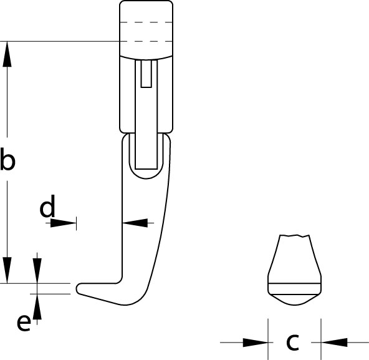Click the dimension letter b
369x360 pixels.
pyautogui.click(x=7, y=158)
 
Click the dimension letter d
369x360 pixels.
pyautogui.click(x=47, y=206)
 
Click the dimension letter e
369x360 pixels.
pyautogui.click(x=24, y=323)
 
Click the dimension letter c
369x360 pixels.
pyautogui.click(x=292, y=342)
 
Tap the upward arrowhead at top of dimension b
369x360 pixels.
pyautogui.click(x=7, y=54)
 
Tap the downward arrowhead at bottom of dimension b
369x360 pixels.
pyautogui.click(x=7, y=270)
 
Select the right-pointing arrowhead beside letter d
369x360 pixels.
pyautogui.click(x=63, y=223)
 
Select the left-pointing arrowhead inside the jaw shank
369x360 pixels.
pyautogui.click(x=135, y=223)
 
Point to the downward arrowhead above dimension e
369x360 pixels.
pyautogui.click(x=37, y=271)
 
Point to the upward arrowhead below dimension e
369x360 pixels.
pyautogui.click(x=37, y=307)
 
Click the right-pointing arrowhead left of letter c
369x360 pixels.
pyautogui.click(x=256, y=343)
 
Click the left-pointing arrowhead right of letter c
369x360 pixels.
pyautogui.click(x=334, y=343)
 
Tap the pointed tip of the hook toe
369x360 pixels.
pyautogui.click(x=77, y=289)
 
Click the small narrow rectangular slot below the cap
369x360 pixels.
pyautogui.click(x=146, y=74)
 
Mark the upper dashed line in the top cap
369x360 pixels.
pyautogui.click(x=146, y=22)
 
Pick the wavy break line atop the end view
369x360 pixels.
pyautogui.click(x=294, y=236)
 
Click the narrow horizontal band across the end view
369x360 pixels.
pyautogui.click(x=295, y=289)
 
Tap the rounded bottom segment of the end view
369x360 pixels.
pyautogui.click(x=295, y=300)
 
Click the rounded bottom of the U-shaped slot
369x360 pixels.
pyautogui.click(x=146, y=174)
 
